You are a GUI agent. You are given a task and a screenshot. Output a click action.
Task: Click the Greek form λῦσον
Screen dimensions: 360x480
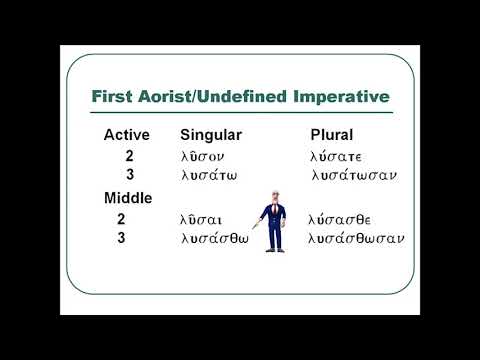click(209, 156)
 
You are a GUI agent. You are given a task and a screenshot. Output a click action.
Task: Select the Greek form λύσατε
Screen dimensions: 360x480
click(338, 156)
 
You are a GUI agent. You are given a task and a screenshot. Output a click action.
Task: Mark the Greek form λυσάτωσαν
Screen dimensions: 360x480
click(355, 176)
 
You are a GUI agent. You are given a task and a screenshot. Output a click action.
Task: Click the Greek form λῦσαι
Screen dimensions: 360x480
click(203, 219)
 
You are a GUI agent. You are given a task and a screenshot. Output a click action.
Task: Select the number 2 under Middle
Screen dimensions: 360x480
click(121, 219)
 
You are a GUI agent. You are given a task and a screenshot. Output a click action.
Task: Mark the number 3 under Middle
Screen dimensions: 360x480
click(121, 239)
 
